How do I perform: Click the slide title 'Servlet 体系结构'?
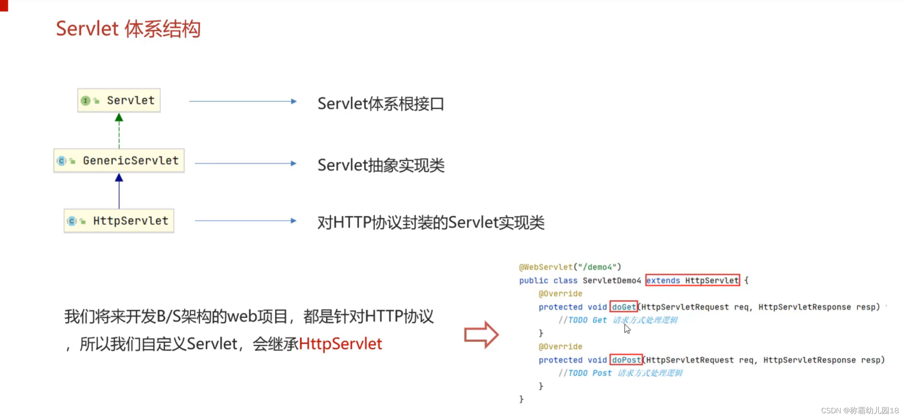point(128,29)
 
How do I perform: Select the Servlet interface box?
point(119,101)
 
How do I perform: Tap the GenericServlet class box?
point(119,161)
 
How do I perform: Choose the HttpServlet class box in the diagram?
point(119,221)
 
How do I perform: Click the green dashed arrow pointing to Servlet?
point(119,131)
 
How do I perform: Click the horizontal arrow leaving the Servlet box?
point(242,101)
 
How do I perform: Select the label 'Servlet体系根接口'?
point(381,104)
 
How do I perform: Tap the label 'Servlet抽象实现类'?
point(381,165)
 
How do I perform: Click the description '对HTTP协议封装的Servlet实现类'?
point(431,223)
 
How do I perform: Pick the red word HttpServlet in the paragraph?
point(340,344)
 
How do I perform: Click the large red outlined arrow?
point(481,335)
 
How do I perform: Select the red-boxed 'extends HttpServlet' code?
point(692,281)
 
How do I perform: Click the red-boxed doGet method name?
point(624,307)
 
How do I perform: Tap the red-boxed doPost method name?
point(626,360)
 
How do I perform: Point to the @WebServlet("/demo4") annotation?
point(570,267)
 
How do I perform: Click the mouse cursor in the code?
point(627,329)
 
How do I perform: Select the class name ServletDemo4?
point(612,281)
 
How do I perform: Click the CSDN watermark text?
point(860,410)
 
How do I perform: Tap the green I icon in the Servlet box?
point(85,101)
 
